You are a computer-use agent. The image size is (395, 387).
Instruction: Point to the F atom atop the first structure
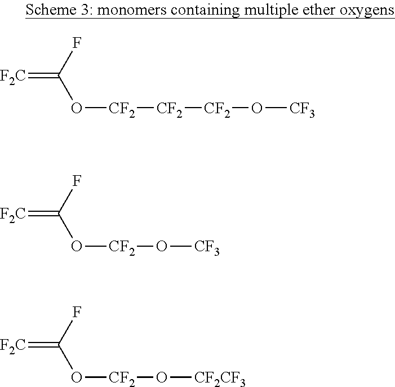pos(77,43)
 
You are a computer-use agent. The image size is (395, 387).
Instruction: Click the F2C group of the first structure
pos(13,77)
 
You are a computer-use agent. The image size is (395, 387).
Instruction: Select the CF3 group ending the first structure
pos(302,110)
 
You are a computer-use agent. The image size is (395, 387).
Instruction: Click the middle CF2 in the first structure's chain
pos(169,110)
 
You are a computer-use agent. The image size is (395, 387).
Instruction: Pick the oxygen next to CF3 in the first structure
pos(257,108)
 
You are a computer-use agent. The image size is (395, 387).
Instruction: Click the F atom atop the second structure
pos(77,180)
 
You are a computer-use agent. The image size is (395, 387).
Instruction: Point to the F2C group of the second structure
pos(13,215)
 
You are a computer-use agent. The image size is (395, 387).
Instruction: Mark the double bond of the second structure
pos(43,213)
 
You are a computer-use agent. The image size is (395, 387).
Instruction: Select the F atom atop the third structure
pos(77,312)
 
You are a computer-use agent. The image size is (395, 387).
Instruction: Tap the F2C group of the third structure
pos(13,346)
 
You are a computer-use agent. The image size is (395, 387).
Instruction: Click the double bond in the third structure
pos(43,344)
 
